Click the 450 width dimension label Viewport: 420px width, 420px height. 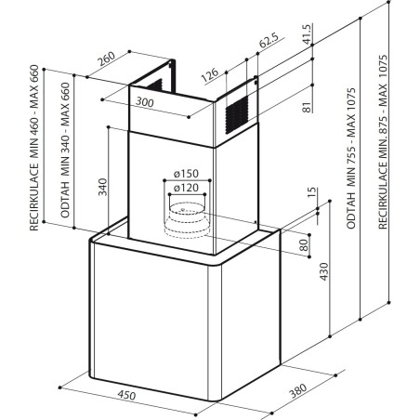click(126, 395)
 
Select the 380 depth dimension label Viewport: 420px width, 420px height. click(298, 390)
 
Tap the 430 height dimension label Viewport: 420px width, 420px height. click(324, 271)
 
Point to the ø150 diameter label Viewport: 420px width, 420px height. click(186, 174)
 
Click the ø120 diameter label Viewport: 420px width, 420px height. click(186, 188)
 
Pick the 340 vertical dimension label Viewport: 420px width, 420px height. click(102, 187)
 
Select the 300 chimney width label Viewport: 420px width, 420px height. click(145, 101)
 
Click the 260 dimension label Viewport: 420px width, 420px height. click(107, 59)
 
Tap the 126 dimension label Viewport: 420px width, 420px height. click(210, 75)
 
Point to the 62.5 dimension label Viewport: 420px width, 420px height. click(269, 40)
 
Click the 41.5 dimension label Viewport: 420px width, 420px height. click(306, 34)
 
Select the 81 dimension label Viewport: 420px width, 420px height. click(306, 107)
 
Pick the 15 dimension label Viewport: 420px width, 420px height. click(313, 192)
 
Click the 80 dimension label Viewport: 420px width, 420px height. click(304, 245)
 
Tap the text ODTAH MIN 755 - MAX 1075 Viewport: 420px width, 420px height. click(350, 159)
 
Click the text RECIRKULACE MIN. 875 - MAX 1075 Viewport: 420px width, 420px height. click(383, 142)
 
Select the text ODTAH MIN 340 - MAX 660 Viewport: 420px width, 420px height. click(65, 150)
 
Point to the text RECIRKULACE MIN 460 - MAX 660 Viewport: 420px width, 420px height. click(34, 148)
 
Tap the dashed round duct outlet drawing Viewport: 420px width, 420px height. click(185, 220)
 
